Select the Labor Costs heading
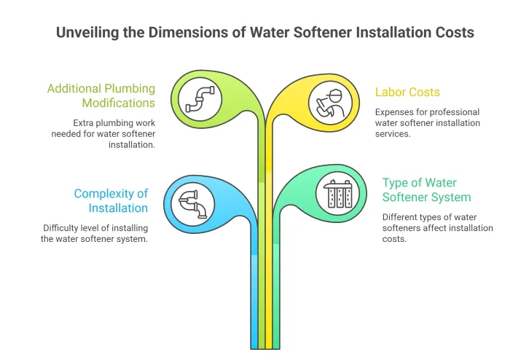pos(407,92)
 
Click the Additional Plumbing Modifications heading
pos(101,95)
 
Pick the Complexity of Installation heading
pos(111,200)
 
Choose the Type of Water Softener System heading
pos(426,189)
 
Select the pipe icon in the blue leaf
pos(192,202)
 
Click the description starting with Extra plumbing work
pos(103,134)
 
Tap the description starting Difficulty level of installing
pos(95,233)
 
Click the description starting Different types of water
pos(437,228)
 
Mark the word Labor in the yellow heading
pos(390,92)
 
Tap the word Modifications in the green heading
pos(118,103)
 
